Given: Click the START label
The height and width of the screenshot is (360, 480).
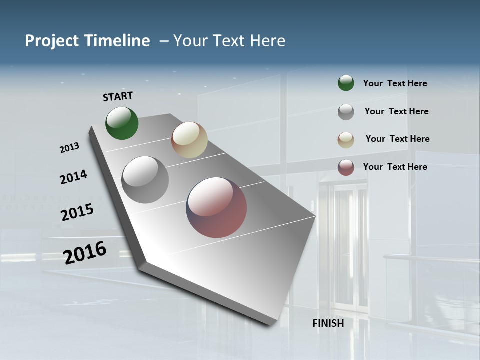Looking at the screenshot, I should pyautogui.click(x=118, y=96).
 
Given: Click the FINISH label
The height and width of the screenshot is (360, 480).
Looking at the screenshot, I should pyautogui.click(x=328, y=323).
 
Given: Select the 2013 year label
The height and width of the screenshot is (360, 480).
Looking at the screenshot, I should pyautogui.click(x=69, y=148).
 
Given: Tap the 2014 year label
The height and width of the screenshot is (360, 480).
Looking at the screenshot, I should pyautogui.click(x=73, y=177).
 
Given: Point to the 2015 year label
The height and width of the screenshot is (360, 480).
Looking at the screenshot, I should pyautogui.click(x=77, y=212).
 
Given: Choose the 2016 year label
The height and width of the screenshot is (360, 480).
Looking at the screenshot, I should pyautogui.click(x=85, y=252).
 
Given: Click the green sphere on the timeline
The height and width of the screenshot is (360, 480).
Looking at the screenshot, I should pyautogui.click(x=122, y=123).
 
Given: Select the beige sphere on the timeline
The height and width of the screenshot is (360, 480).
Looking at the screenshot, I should pyautogui.click(x=189, y=140).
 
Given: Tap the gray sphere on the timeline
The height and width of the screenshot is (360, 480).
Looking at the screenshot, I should pyautogui.click(x=145, y=180).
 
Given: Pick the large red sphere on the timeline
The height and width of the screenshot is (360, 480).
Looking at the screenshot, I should pyautogui.click(x=216, y=207).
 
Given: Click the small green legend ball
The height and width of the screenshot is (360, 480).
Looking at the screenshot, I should pyautogui.click(x=346, y=83).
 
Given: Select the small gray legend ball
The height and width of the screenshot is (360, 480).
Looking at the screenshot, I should pyautogui.click(x=346, y=111).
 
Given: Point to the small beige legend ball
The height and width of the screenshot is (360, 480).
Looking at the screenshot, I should pyautogui.click(x=346, y=139).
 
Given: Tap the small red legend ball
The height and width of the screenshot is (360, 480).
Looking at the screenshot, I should pyautogui.click(x=346, y=167).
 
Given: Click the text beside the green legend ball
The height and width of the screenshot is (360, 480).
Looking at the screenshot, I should pyautogui.click(x=395, y=83).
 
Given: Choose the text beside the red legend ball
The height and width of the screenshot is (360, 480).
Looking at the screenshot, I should pyautogui.click(x=395, y=167).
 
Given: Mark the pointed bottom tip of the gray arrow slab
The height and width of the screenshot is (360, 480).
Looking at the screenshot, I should pyautogui.click(x=271, y=325).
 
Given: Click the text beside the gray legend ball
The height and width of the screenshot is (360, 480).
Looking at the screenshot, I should pyautogui.click(x=396, y=111).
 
